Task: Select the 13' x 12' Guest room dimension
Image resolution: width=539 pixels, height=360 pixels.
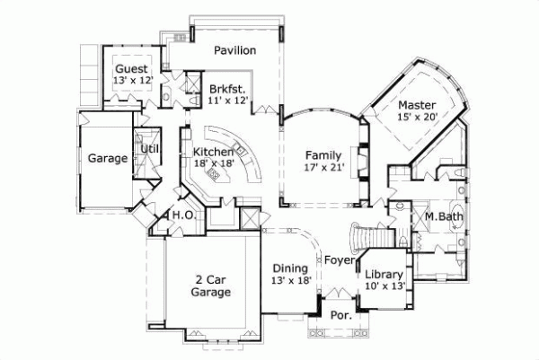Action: coord(134,81)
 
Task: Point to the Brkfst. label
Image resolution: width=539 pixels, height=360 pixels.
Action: coord(227,89)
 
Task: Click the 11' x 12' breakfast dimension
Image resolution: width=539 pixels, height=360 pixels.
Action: coord(227,101)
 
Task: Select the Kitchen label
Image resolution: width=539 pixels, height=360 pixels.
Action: coord(214,152)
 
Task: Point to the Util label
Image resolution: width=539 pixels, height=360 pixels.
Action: coord(148,148)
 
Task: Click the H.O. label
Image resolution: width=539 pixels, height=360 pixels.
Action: coord(184,215)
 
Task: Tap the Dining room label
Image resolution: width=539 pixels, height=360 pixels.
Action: coord(291,268)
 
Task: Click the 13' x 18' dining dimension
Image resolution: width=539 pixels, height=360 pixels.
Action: coord(291,280)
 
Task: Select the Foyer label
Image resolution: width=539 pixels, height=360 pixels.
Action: coord(339,262)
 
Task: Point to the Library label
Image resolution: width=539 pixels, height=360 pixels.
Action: coord(385,275)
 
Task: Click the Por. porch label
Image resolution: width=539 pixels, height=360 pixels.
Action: coord(340,316)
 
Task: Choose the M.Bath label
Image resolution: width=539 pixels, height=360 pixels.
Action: coord(437,215)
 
